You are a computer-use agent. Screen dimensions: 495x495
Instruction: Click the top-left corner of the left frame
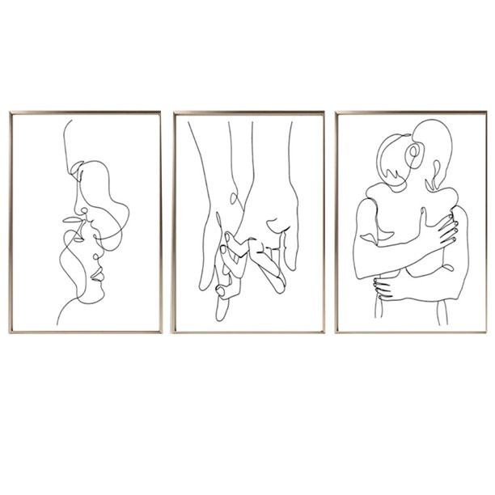(x=10, y=113)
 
